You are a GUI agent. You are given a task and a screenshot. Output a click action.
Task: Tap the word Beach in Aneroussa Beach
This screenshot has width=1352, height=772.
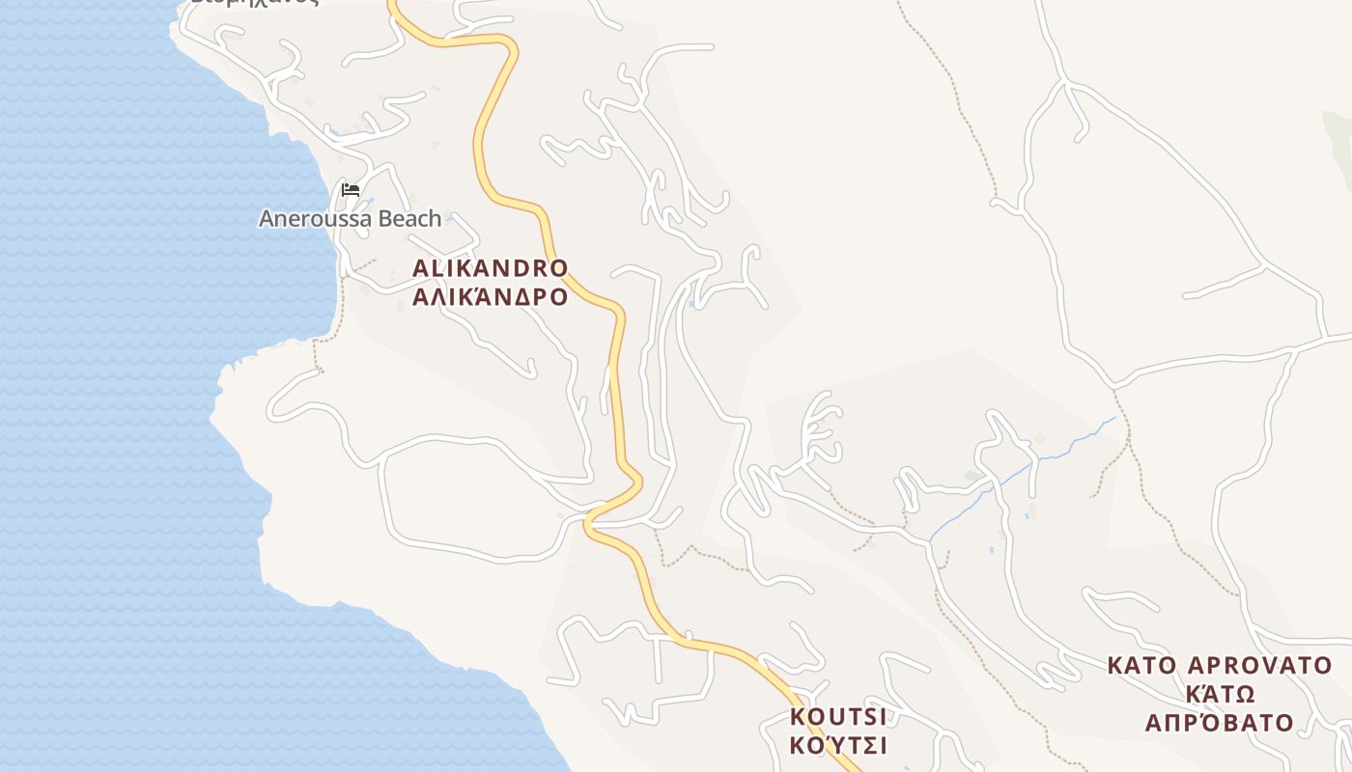pyautogui.click(x=409, y=219)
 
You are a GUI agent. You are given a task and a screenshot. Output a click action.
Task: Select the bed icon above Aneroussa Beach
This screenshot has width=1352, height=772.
pyautogui.click(x=351, y=190)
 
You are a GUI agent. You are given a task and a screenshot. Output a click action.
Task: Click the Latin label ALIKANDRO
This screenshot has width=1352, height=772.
pyautogui.click(x=490, y=267)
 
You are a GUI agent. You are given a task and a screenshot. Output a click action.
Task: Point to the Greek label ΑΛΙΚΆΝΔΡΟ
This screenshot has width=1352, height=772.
pyautogui.click(x=490, y=296)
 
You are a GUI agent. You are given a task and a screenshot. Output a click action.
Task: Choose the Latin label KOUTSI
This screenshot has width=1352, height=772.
pyautogui.click(x=837, y=717)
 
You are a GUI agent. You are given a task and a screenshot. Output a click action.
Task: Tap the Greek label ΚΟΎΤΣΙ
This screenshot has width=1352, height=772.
pyautogui.click(x=837, y=746)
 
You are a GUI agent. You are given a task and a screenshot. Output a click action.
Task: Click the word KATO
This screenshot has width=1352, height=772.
pyautogui.click(x=1141, y=666)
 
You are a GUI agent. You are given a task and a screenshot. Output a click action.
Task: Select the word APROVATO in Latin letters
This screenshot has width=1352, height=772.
pyautogui.click(x=1259, y=666)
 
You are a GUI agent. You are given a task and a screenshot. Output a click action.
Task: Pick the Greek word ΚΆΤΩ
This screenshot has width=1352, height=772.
pyautogui.click(x=1219, y=694)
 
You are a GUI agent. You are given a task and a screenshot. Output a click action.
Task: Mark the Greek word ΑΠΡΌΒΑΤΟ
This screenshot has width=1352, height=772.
pyautogui.click(x=1219, y=723)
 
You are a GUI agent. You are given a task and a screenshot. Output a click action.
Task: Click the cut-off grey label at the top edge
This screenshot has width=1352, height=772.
pyautogui.click(x=253, y=3)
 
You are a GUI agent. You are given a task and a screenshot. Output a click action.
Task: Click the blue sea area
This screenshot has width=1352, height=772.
pyautogui.click(x=116, y=386)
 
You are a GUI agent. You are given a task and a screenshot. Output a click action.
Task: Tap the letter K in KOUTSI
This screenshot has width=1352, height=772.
pyautogui.click(x=798, y=717)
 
